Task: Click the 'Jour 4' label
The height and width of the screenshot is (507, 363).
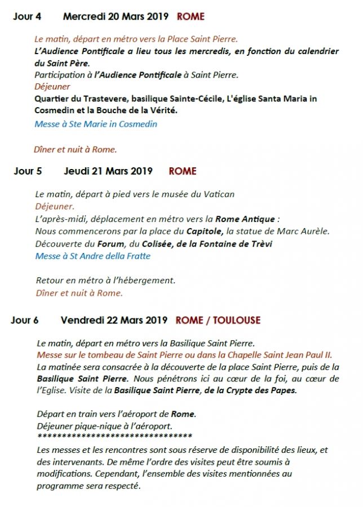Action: click(27, 16)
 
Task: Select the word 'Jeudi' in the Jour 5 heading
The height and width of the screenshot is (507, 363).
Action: click(77, 171)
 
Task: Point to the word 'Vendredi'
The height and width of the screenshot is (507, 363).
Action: click(82, 320)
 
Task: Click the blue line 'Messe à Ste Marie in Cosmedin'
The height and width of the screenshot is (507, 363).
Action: click(96, 124)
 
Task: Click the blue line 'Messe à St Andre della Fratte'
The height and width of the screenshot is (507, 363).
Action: click(93, 256)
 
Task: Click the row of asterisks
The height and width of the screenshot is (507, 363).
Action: click(114, 437)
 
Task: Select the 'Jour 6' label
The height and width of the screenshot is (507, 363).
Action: click(25, 320)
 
